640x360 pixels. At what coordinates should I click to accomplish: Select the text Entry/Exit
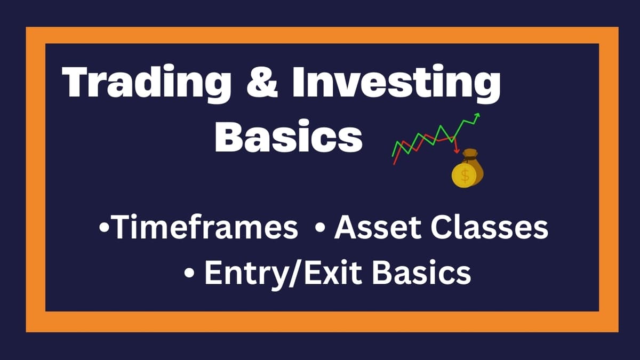pyautogui.click(x=285, y=273)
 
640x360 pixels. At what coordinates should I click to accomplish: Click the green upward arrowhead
pyautogui.click(x=476, y=115)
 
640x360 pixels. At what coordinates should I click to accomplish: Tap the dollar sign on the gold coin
pyautogui.click(x=465, y=176)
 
